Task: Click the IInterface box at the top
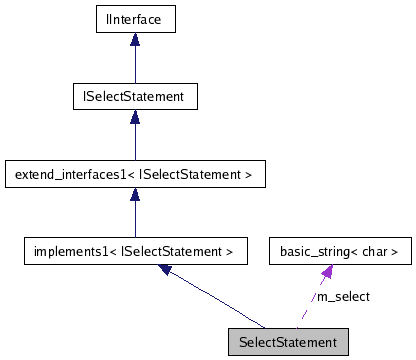click(135, 18)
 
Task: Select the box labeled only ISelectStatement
click(135, 96)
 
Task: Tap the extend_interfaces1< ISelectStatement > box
click(135, 175)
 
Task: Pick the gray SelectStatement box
click(288, 341)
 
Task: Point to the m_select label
click(343, 297)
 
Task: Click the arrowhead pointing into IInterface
click(135, 39)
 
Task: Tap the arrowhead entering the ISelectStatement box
click(135, 117)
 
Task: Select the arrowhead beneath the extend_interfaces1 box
click(135, 196)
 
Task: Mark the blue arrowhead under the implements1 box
click(167, 272)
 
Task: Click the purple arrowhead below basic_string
click(327, 273)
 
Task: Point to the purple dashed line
click(312, 300)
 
